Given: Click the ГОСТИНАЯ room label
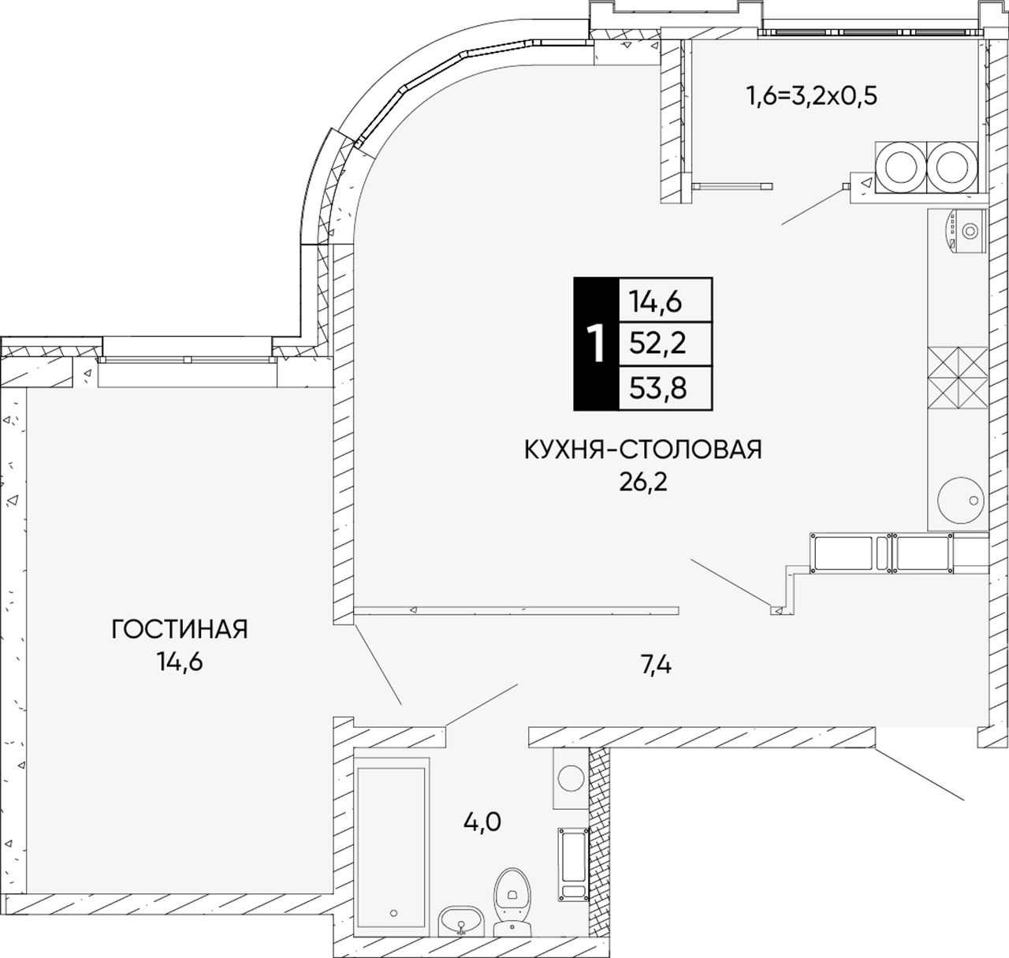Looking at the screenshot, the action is [x=180, y=629].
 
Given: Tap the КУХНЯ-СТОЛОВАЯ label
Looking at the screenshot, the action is [x=643, y=449].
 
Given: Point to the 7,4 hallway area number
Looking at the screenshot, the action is [x=657, y=666].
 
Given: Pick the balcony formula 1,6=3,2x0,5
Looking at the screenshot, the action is [x=812, y=95].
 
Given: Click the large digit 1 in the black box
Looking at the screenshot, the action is [x=597, y=344].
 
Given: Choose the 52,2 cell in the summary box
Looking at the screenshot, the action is [x=657, y=344].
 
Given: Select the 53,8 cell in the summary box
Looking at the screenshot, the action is [x=658, y=388].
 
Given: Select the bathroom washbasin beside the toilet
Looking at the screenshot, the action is [x=460, y=919].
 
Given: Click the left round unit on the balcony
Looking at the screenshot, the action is [x=901, y=167].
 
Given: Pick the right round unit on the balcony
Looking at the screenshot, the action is [x=952, y=167].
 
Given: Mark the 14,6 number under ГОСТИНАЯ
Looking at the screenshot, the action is [x=180, y=662].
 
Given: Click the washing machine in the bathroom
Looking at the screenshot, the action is [x=570, y=777].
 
